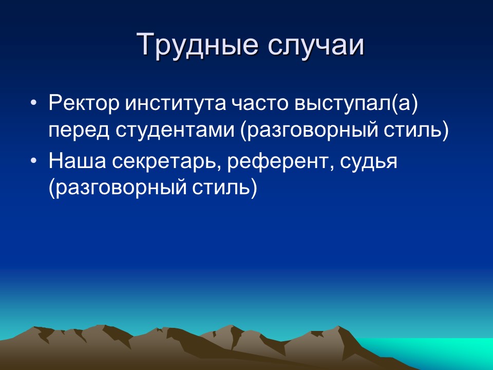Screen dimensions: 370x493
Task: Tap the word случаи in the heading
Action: pyautogui.click(x=315, y=45)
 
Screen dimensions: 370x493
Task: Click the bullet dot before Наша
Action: pyautogui.click(x=34, y=161)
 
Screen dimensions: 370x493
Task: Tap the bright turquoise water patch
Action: pyautogui.click(x=452, y=352)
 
